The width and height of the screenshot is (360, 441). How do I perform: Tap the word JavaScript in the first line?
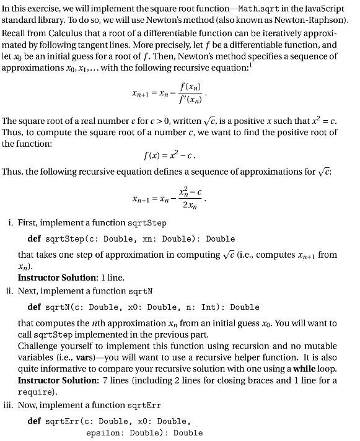(322, 7)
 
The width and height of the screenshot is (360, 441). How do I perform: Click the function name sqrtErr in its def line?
(64, 422)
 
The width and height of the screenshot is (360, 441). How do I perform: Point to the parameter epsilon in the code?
(103, 434)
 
